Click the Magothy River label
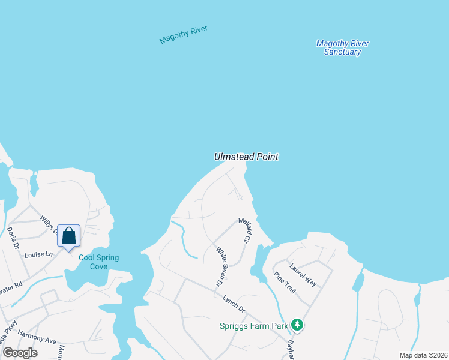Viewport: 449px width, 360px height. click(183, 34)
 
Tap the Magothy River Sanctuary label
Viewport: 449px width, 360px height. click(342, 47)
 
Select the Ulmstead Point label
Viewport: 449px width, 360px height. click(246, 157)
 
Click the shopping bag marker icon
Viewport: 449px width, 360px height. click(68, 235)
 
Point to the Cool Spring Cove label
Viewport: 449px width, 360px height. click(99, 262)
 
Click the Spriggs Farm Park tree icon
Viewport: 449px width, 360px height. click(297, 325)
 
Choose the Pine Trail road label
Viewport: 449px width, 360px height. click(285, 282)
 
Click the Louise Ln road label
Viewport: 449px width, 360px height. click(38, 254)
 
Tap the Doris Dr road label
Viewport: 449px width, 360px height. click(13, 238)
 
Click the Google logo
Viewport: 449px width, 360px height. click(20, 353)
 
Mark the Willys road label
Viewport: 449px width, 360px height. click(49, 224)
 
